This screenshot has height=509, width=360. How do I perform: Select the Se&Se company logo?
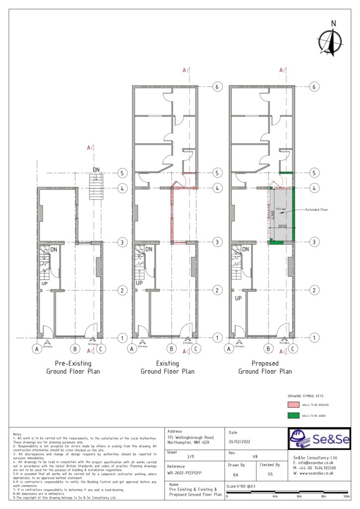(x=319, y=438)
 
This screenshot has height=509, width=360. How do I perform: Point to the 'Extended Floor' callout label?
(x=317, y=210)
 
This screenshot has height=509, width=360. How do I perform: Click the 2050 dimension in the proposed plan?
(x=282, y=226)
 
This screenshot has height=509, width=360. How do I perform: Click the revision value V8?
(x=255, y=456)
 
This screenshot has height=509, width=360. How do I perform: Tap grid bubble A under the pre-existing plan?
(x=36, y=349)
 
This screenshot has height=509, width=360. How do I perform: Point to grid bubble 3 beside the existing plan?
(x=217, y=242)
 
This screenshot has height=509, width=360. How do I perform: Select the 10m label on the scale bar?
(x=347, y=497)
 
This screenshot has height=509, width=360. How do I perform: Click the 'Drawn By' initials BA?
(x=235, y=475)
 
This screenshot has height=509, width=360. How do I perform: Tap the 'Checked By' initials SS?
(x=270, y=475)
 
